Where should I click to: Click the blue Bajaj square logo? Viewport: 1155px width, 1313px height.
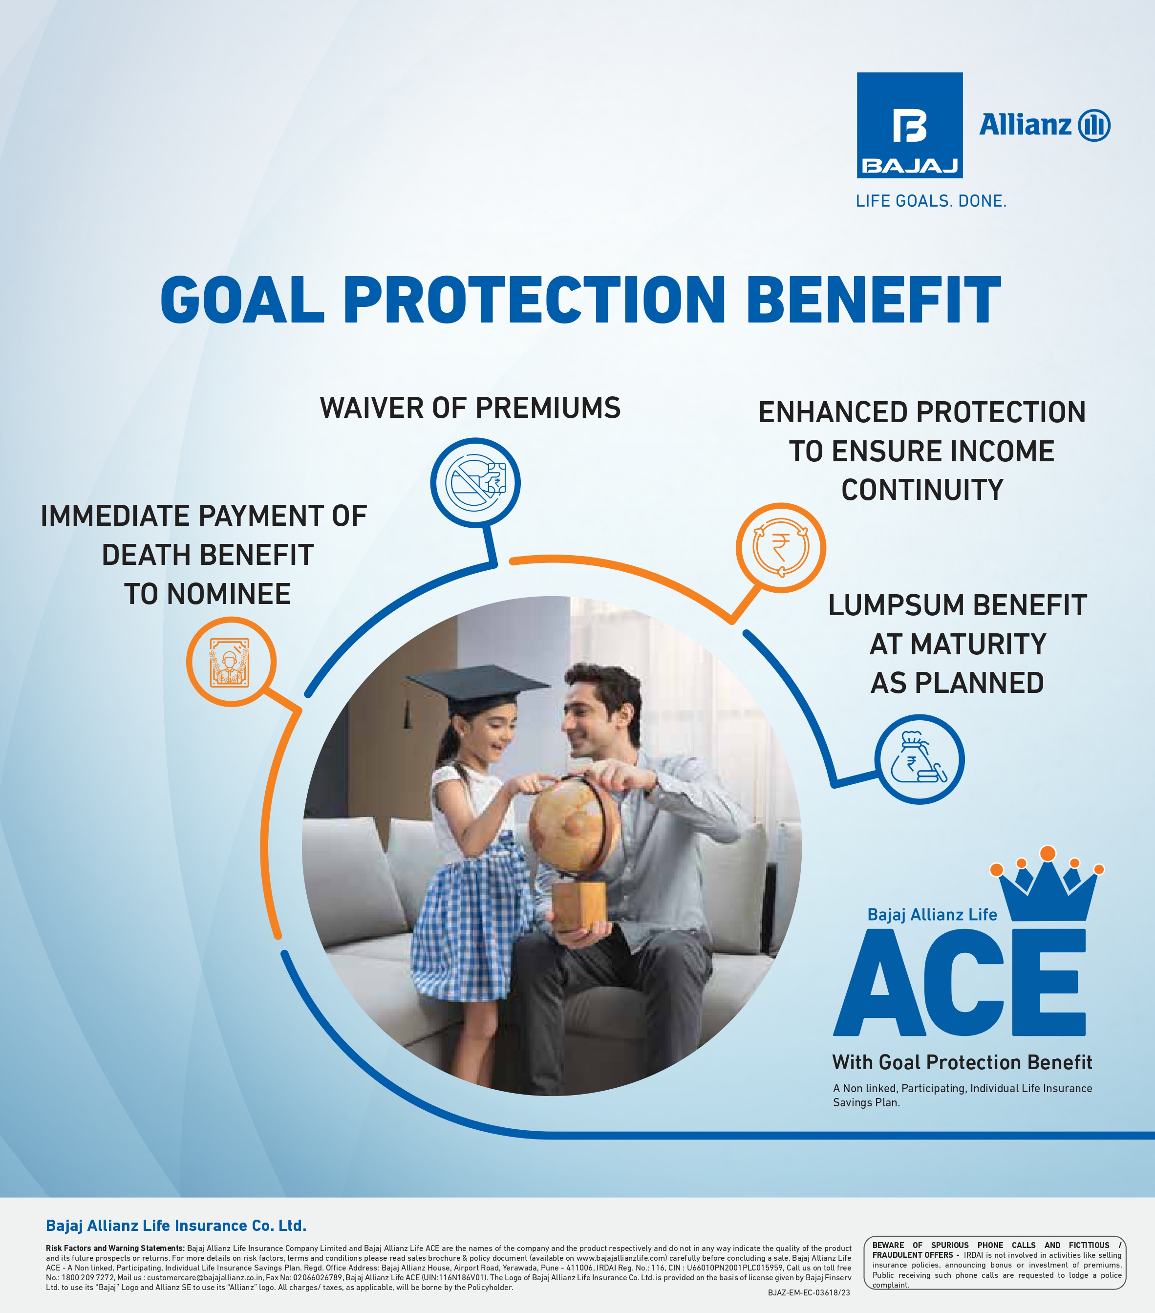910,125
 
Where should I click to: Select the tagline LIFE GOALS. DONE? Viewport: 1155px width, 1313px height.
931,201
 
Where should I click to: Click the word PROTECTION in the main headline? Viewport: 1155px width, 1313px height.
535,300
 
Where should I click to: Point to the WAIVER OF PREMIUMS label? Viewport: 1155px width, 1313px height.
470,408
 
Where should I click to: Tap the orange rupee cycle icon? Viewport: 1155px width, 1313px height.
780,547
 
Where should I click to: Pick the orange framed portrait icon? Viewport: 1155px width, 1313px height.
231,662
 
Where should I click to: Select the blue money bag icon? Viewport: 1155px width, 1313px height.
919,759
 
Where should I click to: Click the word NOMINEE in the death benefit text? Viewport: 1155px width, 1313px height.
229,594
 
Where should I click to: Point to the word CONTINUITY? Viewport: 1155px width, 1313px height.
922,490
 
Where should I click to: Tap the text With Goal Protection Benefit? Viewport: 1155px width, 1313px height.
962,1062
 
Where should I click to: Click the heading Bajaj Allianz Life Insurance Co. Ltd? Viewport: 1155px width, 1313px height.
176,1226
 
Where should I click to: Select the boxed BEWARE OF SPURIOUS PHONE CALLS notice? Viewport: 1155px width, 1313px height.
994,1262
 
